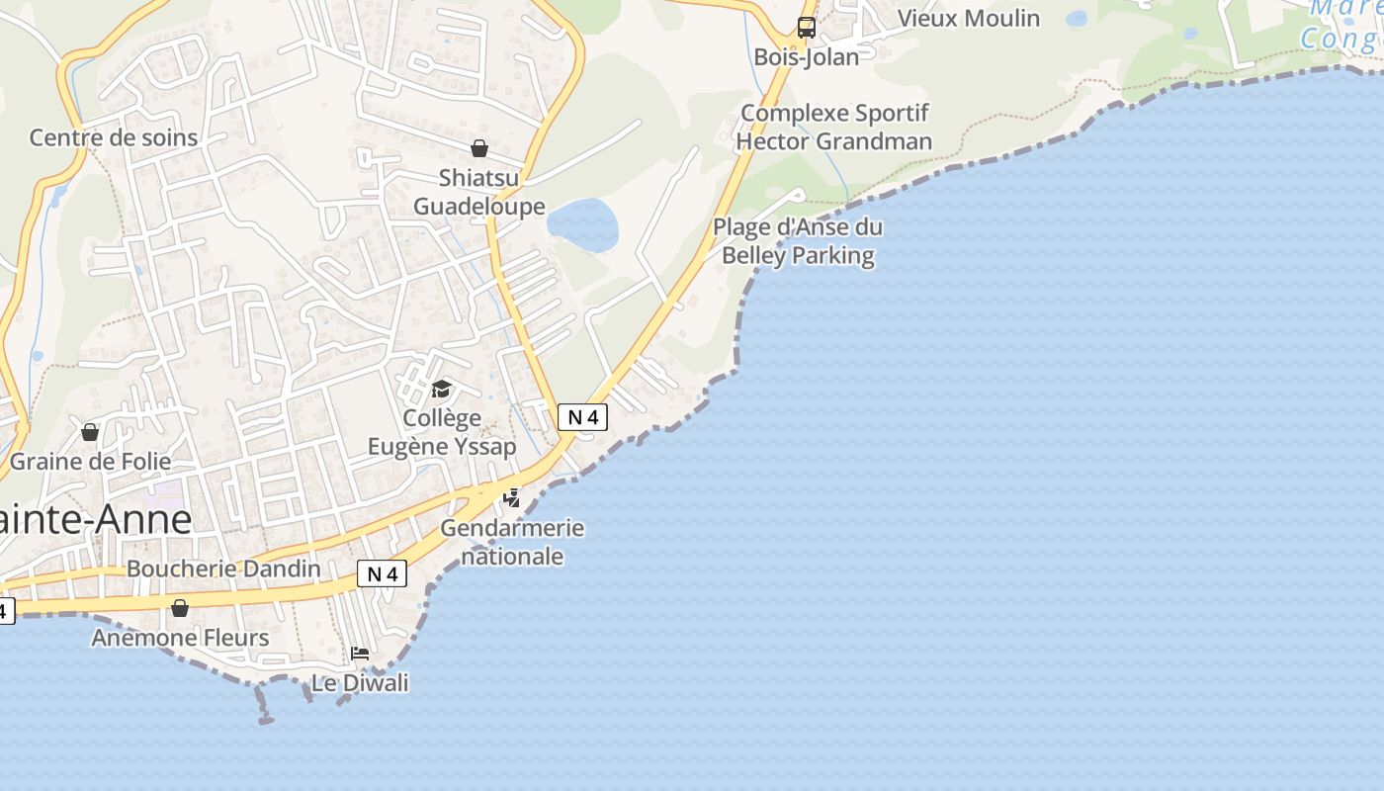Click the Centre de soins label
[x=114, y=137]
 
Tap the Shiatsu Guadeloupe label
[x=478, y=193]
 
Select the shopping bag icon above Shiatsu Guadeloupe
[x=479, y=148]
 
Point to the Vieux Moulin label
[x=968, y=18]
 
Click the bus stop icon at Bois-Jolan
[x=807, y=28]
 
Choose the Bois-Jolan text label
[x=807, y=57]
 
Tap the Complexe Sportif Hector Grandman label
[x=834, y=128]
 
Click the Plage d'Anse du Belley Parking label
[x=798, y=241]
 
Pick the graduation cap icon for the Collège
[x=441, y=390]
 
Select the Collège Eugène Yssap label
[x=442, y=432]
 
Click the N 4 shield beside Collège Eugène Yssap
[x=582, y=417]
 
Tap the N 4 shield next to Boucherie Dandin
[x=382, y=573]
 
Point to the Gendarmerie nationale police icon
[x=511, y=497]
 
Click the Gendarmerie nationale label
[x=512, y=542]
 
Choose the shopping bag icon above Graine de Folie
[x=90, y=432]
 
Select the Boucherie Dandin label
[x=223, y=569]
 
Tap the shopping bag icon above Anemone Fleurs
[x=180, y=608]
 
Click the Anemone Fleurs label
[x=180, y=638]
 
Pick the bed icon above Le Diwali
[x=360, y=654]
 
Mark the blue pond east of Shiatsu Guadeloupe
[x=583, y=224]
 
